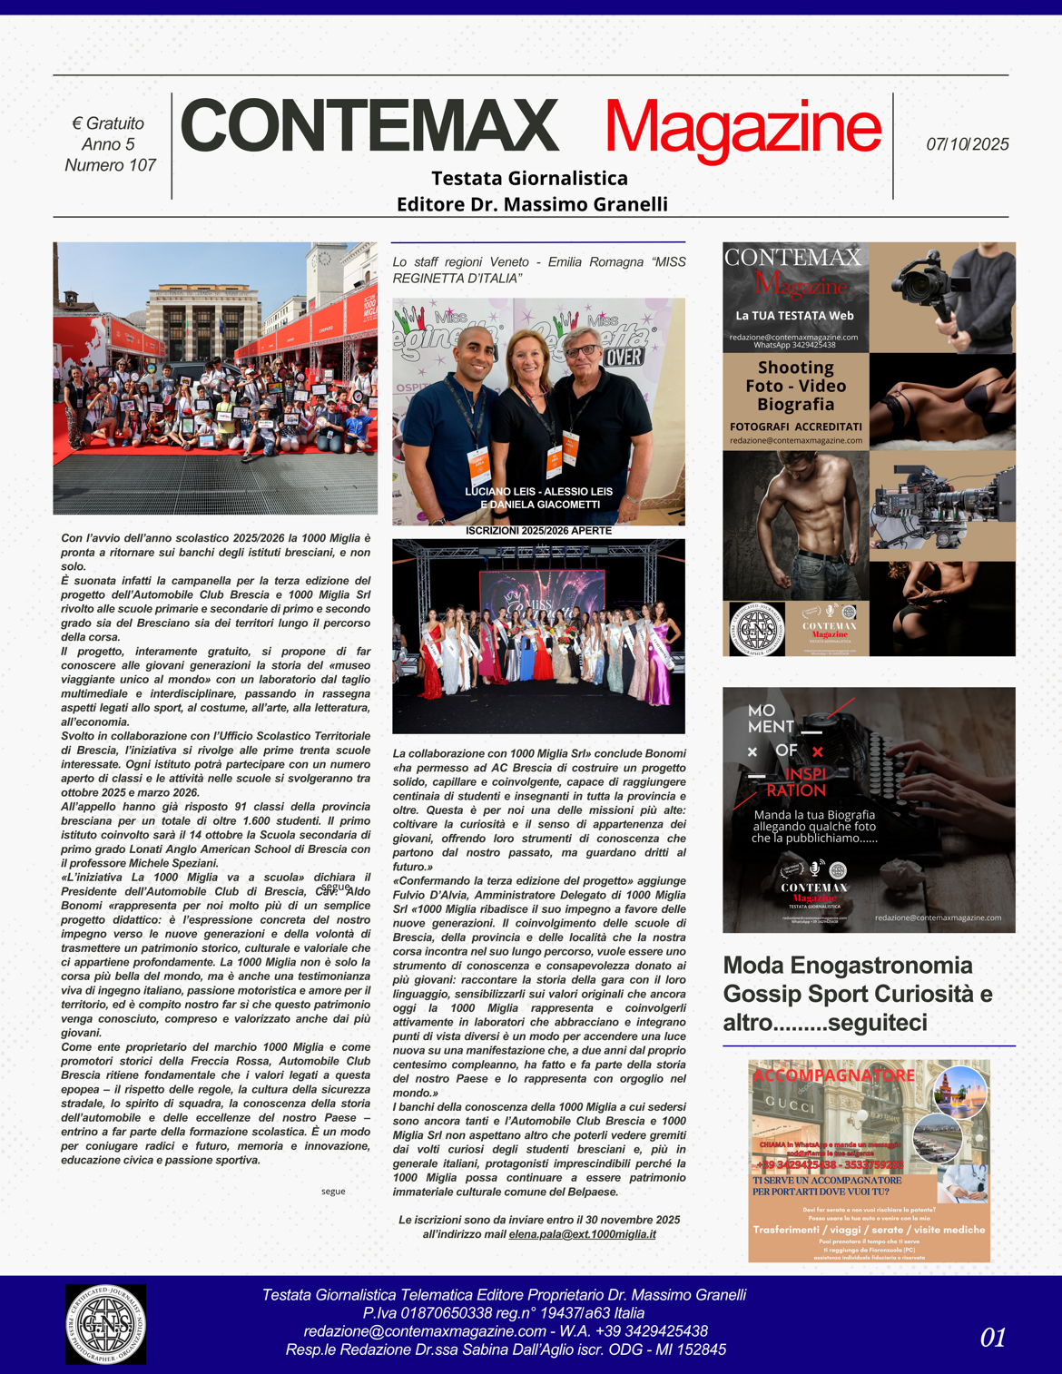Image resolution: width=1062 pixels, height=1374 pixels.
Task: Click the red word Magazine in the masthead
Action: tap(742, 129)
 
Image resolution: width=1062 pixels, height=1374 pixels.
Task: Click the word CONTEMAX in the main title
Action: tap(369, 125)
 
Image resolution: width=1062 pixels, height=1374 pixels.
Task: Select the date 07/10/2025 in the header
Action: tap(967, 144)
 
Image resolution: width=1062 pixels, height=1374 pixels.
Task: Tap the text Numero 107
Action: tap(110, 165)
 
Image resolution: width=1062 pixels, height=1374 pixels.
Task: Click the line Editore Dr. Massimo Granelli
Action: tap(532, 204)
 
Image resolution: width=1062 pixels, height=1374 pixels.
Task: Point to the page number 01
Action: tap(993, 1337)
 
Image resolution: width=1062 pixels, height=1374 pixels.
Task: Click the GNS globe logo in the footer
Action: tap(105, 1324)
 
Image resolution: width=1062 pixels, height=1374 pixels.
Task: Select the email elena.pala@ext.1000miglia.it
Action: tap(582, 1234)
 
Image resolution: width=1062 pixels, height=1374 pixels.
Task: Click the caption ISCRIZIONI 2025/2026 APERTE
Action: tap(538, 531)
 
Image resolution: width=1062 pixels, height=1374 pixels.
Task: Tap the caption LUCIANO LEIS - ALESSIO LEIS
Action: tap(538, 491)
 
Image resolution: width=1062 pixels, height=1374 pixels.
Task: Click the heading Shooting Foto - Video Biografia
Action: tap(795, 386)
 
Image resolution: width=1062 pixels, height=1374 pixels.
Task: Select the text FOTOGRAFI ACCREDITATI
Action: tap(795, 427)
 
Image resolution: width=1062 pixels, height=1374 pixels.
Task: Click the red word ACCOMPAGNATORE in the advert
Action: tap(833, 1075)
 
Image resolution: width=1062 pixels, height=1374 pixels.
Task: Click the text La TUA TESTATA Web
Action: tap(794, 316)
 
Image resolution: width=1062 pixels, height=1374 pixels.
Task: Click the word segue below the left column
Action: tap(333, 1191)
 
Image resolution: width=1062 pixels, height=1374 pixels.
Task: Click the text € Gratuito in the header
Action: tap(108, 123)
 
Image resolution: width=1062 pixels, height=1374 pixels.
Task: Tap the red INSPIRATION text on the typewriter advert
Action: tap(796, 782)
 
